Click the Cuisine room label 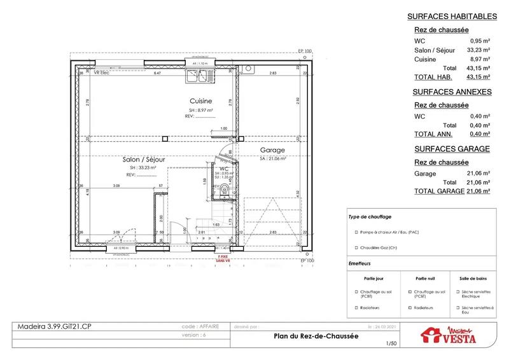[200, 101]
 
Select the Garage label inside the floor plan [272, 151]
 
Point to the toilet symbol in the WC [223, 189]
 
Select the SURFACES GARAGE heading [451, 149]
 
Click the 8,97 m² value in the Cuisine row [479, 59]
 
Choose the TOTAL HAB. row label [433, 76]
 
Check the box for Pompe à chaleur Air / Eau [353, 233]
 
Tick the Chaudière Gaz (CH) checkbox [353, 248]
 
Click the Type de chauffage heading [370, 216]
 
